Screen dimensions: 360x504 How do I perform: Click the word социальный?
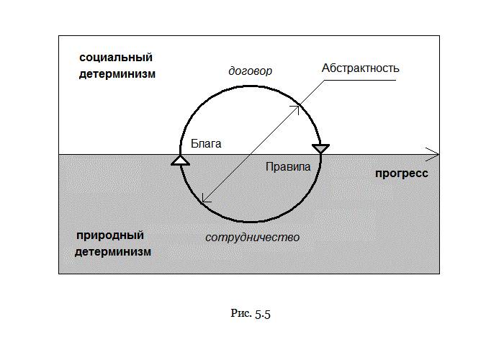(115, 57)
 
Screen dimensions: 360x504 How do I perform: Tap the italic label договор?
(250, 71)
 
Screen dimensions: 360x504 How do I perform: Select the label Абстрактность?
(360, 68)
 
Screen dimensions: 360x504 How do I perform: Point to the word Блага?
(205, 143)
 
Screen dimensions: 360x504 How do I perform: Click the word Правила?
(287, 166)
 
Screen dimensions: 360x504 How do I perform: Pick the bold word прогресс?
(401, 173)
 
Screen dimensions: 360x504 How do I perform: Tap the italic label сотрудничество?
(252, 237)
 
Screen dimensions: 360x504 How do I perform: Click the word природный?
(110, 235)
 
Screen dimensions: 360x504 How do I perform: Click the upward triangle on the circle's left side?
(180, 160)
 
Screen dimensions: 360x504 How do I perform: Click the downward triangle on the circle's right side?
(320, 149)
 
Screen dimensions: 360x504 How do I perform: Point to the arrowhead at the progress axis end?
(433, 153)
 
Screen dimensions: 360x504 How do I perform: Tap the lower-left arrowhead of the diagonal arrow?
(205, 199)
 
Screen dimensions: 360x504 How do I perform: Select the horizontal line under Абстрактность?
(360, 80)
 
